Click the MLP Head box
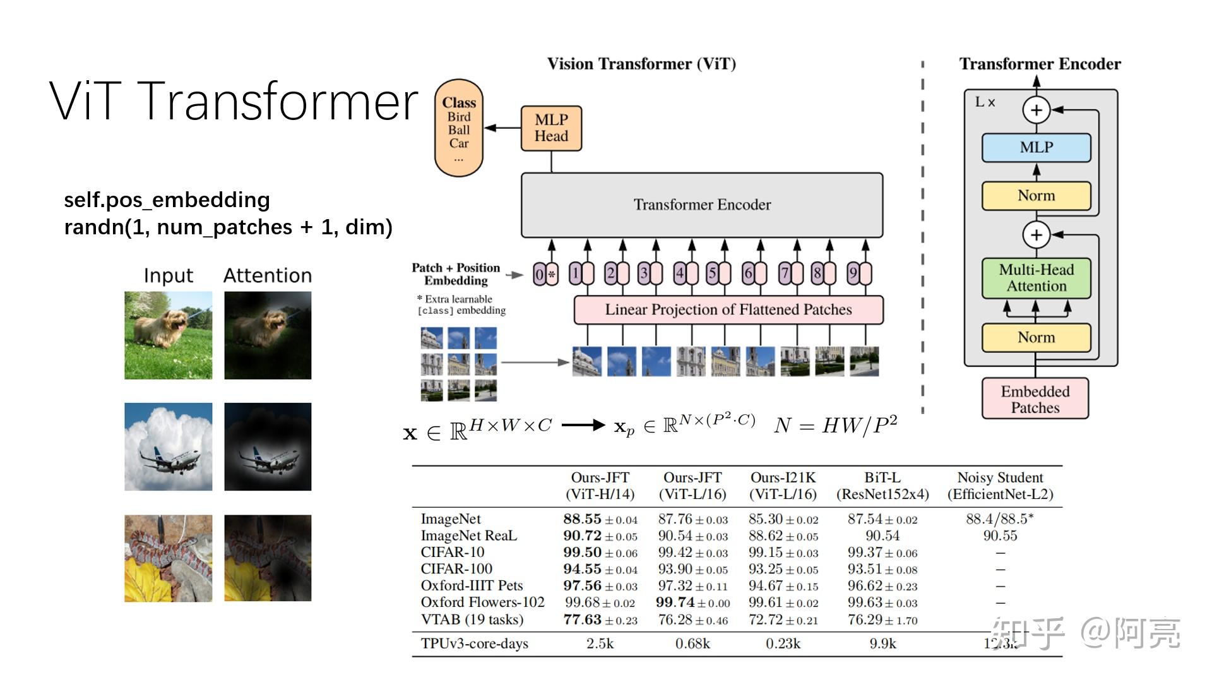(551, 128)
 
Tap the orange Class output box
(459, 128)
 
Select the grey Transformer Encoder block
(702, 205)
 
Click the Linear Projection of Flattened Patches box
(728, 309)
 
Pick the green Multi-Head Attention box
(1036, 278)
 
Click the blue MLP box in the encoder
(1036, 147)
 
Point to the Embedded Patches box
(1035, 399)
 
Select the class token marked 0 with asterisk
(545, 274)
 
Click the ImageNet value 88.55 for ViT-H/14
(583, 519)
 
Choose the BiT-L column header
(882, 486)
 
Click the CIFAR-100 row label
(456, 569)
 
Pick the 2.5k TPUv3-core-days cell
(600, 643)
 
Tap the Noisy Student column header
(1000, 486)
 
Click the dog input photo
(168, 335)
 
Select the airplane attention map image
(268, 446)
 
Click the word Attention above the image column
(268, 275)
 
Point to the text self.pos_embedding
(167, 200)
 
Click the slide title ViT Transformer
(234, 101)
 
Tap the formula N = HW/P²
(835, 426)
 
